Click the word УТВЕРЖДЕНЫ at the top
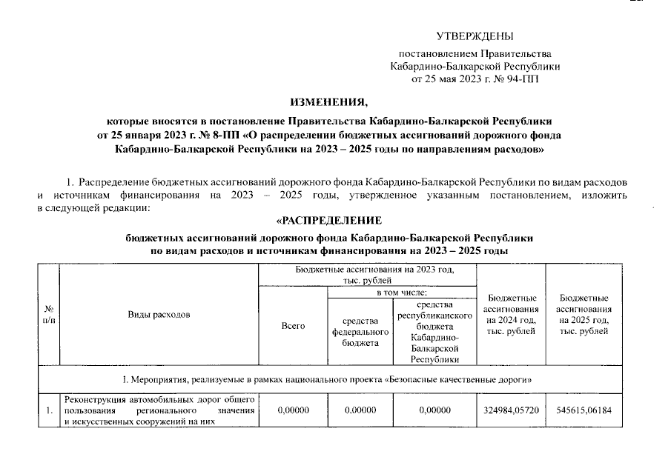[x=475, y=36]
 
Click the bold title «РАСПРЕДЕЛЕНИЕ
[x=328, y=220]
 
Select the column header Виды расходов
[x=158, y=314]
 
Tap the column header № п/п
[x=49, y=314]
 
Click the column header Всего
[x=293, y=325]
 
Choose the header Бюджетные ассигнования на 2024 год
[x=510, y=314]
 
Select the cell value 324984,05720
[x=510, y=410]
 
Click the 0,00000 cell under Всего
[x=293, y=410]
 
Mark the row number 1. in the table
[x=49, y=410]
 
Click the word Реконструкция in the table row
[x=94, y=399]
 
